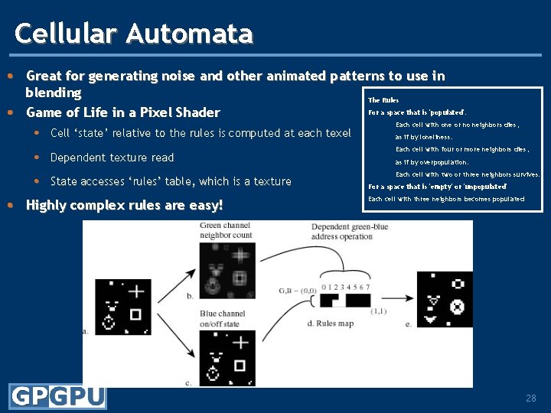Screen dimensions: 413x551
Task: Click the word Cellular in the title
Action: tap(67, 34)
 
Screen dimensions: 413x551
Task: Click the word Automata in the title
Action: tap(189, 34)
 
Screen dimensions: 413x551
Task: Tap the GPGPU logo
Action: tap(58, 397)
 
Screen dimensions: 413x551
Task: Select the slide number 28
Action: tap(531, 398)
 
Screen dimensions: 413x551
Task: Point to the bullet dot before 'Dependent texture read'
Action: tap(37, 158)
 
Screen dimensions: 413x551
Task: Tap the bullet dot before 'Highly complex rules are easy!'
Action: tap(10, 205)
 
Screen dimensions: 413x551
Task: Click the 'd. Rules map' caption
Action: tap(330, 324)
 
